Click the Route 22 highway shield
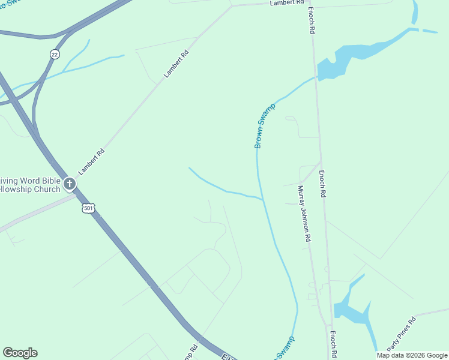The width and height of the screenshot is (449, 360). coord(55,54)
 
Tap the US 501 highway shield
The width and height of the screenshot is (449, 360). coord(89,208)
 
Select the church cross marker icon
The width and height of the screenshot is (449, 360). coord(70,183)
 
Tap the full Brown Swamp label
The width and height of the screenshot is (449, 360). coord(264,126)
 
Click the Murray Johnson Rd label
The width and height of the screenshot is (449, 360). coord(304,213)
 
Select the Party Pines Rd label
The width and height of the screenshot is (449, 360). coord(401,334)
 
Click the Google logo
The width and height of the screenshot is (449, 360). coord(20,353)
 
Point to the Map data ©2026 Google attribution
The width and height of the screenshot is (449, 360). coord(412,355)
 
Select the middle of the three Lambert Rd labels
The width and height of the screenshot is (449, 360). coord(176,65)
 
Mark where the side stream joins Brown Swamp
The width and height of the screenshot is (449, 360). coord(262,199)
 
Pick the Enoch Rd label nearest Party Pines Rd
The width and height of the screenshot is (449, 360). coord(332,343)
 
